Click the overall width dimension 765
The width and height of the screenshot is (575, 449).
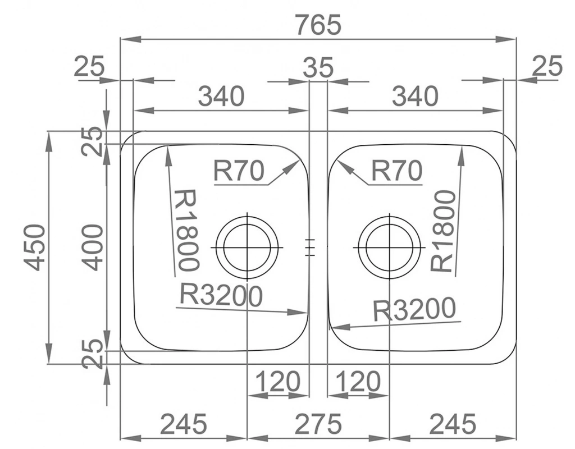(x=318, y=25)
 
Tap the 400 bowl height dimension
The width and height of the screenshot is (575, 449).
(x=92, y=247)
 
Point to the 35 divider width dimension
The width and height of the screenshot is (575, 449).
(x=318, y=68)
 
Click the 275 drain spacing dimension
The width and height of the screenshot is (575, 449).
(x=318, y=424)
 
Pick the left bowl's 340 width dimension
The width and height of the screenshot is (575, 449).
(x=221, y=97)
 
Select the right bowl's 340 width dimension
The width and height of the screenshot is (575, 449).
(x=415, y=97)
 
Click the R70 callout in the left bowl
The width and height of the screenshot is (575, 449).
(x=239, y=171)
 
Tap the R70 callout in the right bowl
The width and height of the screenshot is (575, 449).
(x=396, y=171)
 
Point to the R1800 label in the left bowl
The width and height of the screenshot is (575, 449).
(x=187, y=230)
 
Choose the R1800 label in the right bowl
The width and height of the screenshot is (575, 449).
(x=443, y=231)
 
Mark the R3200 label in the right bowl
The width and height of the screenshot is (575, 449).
(x=414, y=309)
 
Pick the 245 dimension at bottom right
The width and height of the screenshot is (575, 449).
(x=453, y=424)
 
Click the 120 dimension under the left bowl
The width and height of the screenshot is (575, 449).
(x=278, y=382)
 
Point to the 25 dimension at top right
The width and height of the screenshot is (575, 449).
(x=546, y=67)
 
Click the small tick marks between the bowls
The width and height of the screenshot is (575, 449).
(x=308, y=247)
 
